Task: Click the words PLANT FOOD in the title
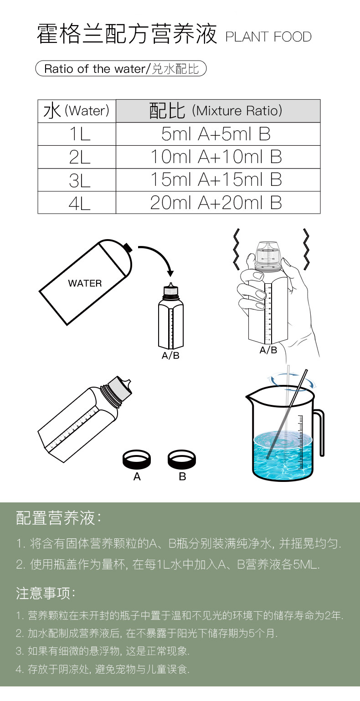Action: (268, 37)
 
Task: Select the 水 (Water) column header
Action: (77, 111)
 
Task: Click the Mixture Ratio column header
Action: (217, 111)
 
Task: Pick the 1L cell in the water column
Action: (77, 134)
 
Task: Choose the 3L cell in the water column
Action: (77, 180)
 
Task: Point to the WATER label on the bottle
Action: (85, 283)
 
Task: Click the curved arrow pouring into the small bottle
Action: (157, 255)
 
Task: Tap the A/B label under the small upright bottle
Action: (170, 356)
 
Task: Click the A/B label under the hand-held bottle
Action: (268, 350)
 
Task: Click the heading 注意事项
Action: (46, 593)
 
